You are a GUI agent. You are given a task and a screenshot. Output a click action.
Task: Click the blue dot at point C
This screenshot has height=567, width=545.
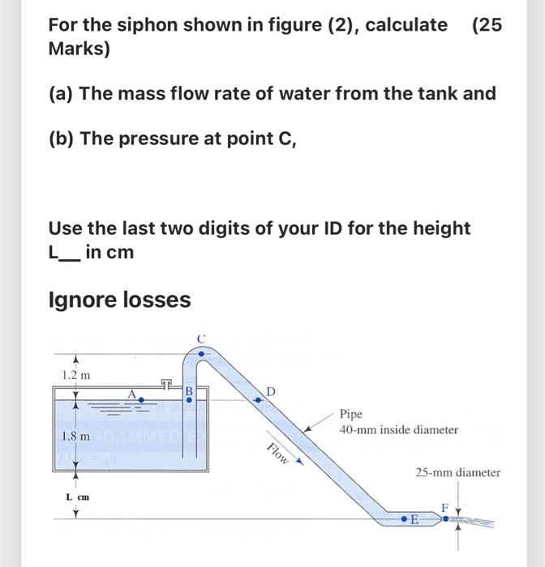(203, 354)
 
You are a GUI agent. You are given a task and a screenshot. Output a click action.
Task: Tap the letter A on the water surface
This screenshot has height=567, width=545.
(131, 393)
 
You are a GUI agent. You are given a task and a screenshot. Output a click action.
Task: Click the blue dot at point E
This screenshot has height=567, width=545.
(406, 517)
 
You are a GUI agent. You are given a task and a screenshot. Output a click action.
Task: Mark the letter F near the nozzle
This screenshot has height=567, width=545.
(444, 506)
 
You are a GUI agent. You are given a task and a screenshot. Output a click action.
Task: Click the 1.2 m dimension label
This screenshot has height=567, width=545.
(76, 375)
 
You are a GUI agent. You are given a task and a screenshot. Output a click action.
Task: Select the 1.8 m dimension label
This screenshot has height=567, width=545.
(76, 436)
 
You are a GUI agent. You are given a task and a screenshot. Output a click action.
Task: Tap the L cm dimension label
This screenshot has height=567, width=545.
(77, 495)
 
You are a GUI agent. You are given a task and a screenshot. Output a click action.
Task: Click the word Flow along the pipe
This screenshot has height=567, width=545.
(277, 454)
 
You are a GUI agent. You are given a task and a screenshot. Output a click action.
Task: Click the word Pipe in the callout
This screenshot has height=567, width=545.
(351, 414)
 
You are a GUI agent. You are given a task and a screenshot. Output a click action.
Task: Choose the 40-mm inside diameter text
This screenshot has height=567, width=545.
(399, 430)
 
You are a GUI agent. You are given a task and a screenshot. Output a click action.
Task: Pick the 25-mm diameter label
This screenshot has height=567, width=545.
(458, 472)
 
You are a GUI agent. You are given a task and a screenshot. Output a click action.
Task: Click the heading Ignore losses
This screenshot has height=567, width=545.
(120, 300)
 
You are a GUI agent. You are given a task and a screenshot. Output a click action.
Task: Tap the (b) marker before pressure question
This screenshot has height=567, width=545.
(61, 139)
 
